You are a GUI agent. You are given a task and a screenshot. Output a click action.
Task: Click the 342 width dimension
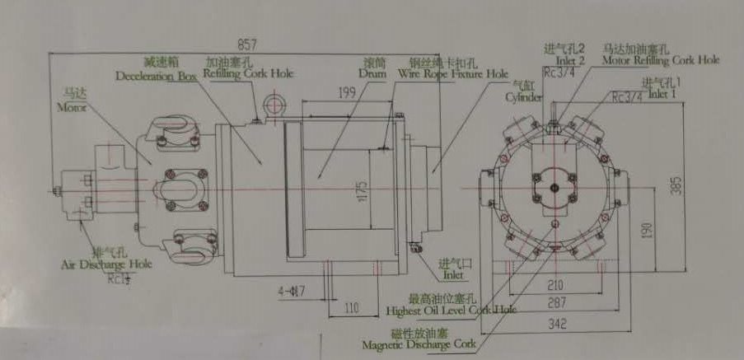coord(558,325)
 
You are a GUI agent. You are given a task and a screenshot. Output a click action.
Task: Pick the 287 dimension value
coord(558,304)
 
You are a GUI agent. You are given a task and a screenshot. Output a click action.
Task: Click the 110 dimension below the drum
coord(353,308)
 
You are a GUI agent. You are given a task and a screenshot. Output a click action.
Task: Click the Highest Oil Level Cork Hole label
coord(450,311)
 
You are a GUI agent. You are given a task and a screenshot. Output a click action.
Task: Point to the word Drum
coord(372,73)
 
